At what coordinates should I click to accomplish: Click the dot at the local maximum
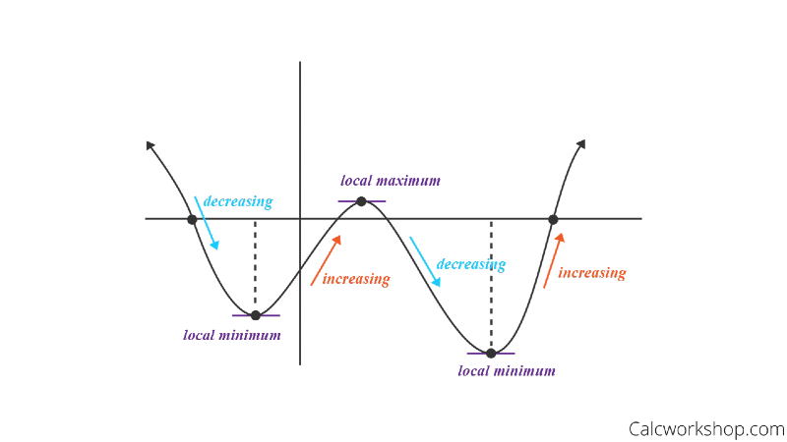click(x=361, y=200)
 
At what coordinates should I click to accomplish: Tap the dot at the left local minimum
click(x=256, y=315)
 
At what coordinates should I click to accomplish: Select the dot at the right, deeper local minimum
click(x=490, y=353)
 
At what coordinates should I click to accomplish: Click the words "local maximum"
click(x=391, y=181)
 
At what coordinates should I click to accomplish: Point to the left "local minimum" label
click(x=232, y=335)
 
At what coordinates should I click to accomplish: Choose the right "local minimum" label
click(x=507, y=371)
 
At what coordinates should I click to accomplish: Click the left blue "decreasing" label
click(x=237, y=201)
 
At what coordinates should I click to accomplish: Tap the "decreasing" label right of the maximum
click(x=471, y=264)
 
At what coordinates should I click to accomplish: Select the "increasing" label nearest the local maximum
click(x=356, y=279)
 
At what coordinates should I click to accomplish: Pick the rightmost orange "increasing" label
click(x=591, y=273)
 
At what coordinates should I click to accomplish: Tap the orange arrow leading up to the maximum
click(x=328, y=259)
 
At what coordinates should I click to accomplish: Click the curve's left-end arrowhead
click(x=151, y=145)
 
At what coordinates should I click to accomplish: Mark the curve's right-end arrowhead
click(x=580, y=143)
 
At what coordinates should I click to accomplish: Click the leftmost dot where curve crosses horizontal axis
click(x=192, y=218)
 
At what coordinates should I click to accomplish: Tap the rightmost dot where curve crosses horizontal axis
click(x=553, y=218)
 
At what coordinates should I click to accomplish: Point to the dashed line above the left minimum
click(x=255, y=265)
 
